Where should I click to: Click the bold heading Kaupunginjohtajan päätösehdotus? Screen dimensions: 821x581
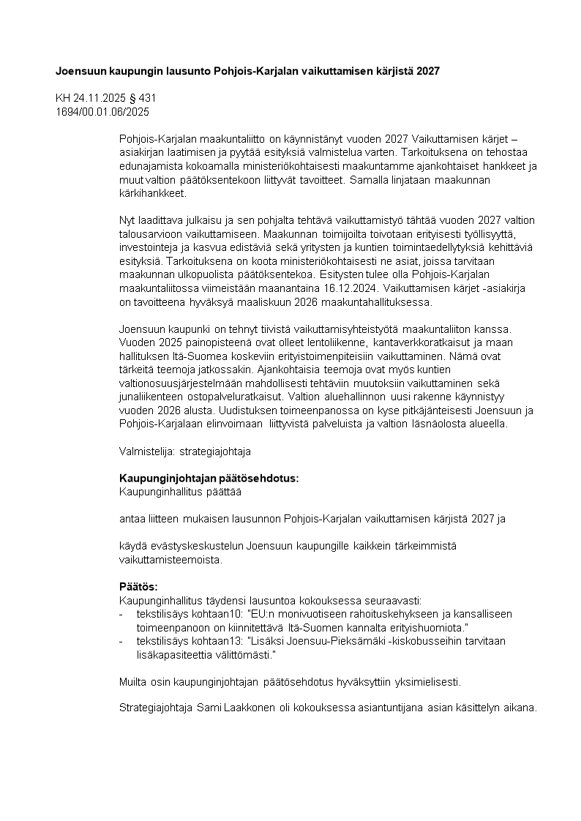(209, 478)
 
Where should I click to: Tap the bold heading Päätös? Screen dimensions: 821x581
(138, 586)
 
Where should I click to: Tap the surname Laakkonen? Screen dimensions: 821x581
(245, 708)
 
